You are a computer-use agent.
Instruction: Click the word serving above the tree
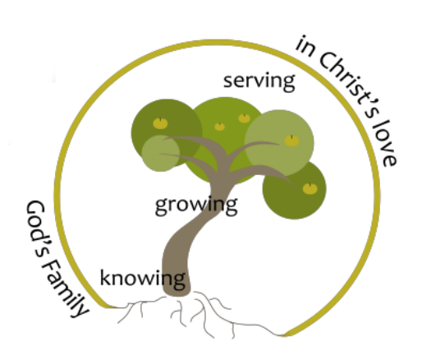[259, 81]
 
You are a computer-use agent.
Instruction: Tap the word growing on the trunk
[196, 205]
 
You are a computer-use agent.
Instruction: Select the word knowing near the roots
[143, 279]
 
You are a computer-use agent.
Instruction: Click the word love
[385, 145]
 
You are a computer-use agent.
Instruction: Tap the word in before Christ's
[305, 46]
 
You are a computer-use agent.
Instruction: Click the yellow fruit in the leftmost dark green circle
[160, 123]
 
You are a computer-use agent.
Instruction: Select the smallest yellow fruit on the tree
[219, 127]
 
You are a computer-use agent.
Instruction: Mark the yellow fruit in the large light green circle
[291, 141]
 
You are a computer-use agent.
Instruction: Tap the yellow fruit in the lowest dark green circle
[310, 189]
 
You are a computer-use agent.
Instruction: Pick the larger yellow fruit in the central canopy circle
[244, 118]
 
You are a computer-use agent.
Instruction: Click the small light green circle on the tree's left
[161, 154]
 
